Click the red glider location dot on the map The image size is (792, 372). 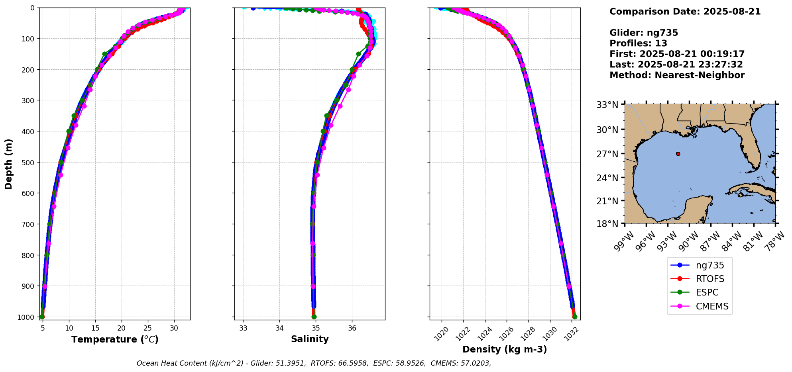click(678, 154)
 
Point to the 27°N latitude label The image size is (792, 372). click(607, 154)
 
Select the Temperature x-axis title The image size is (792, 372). click(115, 339)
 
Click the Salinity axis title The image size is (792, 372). click(310, 339)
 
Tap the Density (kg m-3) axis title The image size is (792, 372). click(505, 349)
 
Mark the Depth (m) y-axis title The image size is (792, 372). click(8, 164)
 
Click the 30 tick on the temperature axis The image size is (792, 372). click(174, 329)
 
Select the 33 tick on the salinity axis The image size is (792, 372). click(243, 329)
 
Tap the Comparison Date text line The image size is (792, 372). click(685, 12)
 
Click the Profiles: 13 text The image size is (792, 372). click(638, 43)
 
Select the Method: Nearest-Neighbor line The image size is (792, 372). click(677, 75)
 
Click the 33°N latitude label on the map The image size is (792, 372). click(607, 105)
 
